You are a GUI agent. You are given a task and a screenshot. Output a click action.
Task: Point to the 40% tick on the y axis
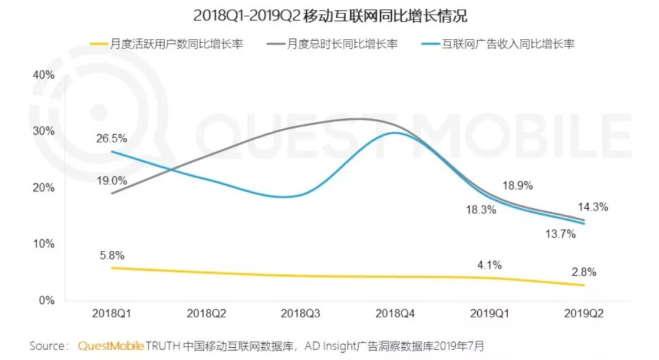click(x=43, y=74)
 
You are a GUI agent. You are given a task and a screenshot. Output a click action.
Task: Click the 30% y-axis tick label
click(x=43, y=131)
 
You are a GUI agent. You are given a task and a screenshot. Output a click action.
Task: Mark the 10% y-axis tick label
click(x=43, y=244)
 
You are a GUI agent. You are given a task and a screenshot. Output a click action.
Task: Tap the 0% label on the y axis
click(x=46, y=300)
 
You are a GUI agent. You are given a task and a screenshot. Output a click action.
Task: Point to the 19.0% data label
click(x=111, y=181)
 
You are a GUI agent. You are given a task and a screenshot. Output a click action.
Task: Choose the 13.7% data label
click(x=559, y=234)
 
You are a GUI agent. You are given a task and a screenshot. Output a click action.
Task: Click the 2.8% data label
click(x=584, y=272)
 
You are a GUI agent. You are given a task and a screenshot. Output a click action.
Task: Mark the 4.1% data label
click(x=489, y=265)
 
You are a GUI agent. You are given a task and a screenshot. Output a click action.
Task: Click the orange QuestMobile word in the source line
click(x=110, y=346)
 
